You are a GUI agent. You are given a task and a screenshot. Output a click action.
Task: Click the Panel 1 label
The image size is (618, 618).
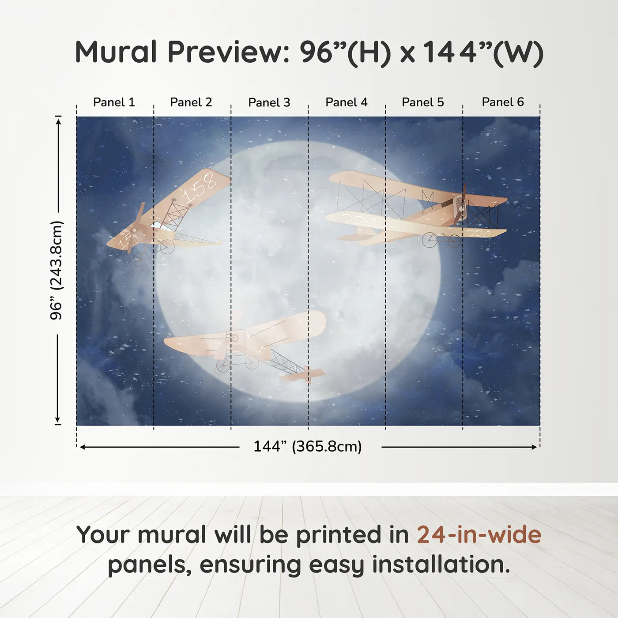(x=114, y=102)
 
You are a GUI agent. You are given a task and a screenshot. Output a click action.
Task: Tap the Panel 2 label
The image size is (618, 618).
(x=191, y=102)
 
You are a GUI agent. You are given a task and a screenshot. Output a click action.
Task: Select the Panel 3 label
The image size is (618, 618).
(x=269, y=102)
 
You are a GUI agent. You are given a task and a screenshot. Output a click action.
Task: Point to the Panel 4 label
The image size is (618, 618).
(x=347, y=102)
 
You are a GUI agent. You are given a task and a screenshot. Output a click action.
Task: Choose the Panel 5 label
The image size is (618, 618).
(x=423, y=102)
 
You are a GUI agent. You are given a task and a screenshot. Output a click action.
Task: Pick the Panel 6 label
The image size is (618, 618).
(x=503, y=102)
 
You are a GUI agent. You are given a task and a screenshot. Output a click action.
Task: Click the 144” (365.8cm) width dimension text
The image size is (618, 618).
(x=308, y=447)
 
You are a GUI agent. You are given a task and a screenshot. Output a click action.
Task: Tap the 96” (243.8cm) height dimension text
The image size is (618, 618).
(x=57, y=270)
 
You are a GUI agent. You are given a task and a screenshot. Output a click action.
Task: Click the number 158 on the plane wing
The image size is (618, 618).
(x=200, y=187)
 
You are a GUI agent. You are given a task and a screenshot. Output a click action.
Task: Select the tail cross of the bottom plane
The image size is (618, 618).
(x=308, y=375)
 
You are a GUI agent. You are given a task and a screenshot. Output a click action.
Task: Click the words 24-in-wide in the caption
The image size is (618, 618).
(x=479, y=535)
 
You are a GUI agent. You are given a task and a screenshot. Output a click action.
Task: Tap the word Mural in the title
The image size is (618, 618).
(x=116, y=52)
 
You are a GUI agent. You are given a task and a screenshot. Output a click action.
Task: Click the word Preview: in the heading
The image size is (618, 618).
(x=229, y=52)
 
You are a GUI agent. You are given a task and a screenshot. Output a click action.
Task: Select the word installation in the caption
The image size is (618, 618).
(x=441, y=565)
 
